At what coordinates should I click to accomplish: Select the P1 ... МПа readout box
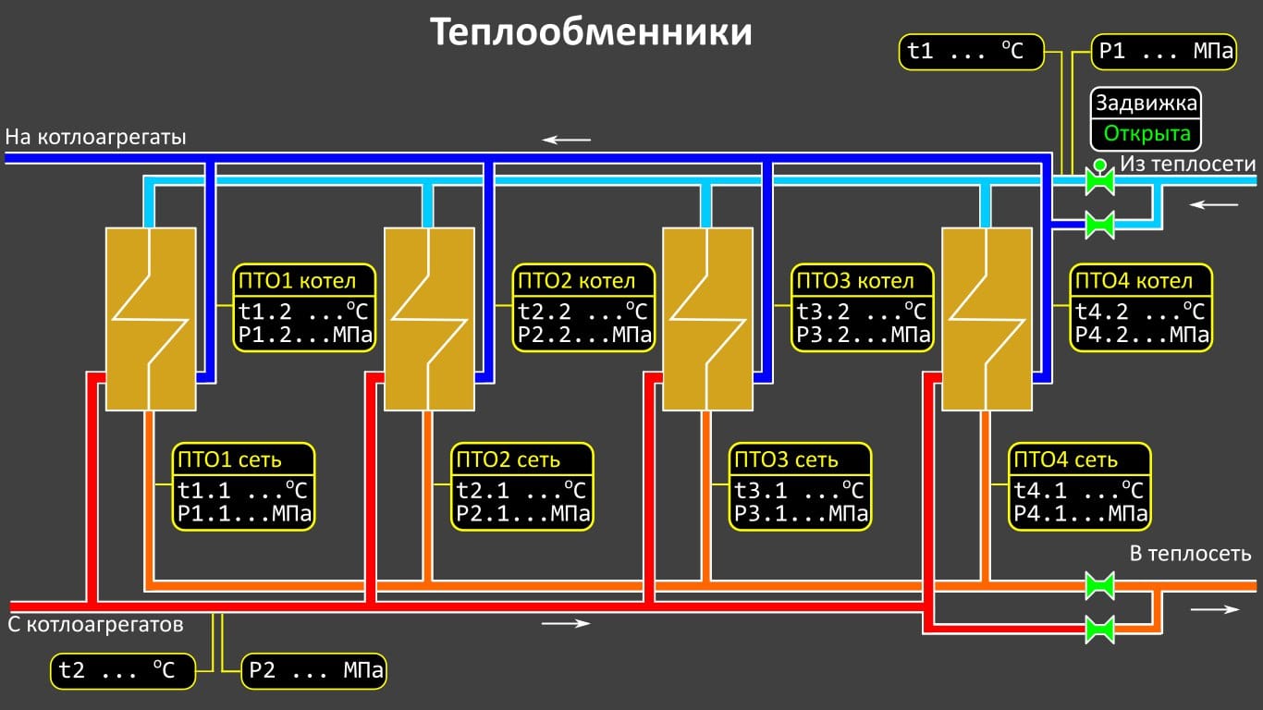[1164, 52]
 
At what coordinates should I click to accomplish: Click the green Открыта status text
[1147, 134]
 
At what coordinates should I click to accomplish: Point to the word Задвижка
[1147, 104]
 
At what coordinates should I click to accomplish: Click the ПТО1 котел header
[305, 281]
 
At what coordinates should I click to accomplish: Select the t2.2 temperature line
[583, 311]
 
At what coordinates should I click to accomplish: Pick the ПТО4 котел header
[1142, 281]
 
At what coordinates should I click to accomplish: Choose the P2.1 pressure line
[523, 513]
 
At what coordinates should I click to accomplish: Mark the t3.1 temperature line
[800, 489]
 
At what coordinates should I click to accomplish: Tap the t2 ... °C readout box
[123, 670]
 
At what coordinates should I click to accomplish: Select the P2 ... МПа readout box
[314, 670]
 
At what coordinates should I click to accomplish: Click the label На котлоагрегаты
[96, 138]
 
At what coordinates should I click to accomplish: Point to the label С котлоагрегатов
[96, 625]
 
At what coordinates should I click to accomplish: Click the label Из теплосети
[1188, 165]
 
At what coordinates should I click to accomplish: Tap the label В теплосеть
[1191, 554]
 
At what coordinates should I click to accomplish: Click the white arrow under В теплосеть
[1215, 609]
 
